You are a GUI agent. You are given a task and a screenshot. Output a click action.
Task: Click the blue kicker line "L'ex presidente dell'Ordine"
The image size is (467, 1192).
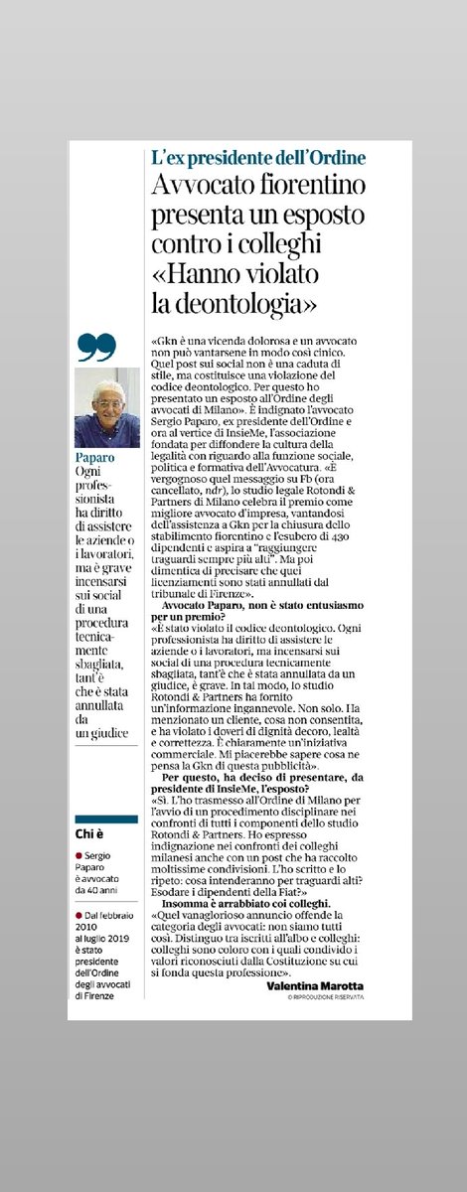[x=257, y=159]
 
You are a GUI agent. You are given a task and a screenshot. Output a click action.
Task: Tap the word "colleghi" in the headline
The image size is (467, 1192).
[x=296, y=240]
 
